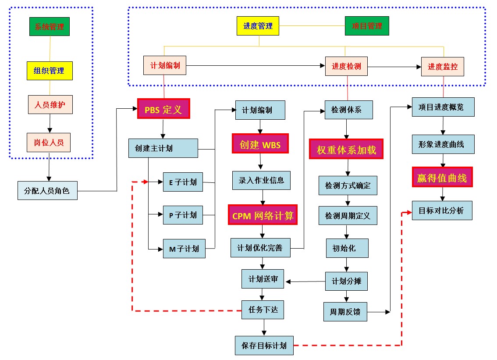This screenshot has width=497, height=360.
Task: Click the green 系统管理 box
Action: coord(50,26)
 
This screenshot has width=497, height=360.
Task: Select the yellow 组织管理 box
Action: coord(50,71)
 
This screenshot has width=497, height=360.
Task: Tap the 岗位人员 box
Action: coord(50,142)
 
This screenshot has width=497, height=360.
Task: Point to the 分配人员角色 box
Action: coord(48,191)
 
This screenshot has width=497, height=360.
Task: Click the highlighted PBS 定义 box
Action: coord(163,109)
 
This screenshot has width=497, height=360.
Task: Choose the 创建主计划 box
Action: coord(163,148)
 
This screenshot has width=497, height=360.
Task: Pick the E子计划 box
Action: coord(183,182)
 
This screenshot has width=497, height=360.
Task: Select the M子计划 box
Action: coord(184,249)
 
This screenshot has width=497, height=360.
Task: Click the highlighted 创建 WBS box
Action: coord(260,143)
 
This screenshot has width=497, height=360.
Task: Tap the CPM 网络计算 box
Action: coord(263,215)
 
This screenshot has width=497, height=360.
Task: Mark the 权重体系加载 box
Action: coord(346,149)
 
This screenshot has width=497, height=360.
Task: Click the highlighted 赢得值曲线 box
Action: coord(442,177)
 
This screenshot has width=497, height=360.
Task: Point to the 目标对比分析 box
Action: coord(442,210)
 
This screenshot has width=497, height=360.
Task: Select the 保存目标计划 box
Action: coord(264,345)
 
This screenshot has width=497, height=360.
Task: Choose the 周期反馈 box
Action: coord(345,312)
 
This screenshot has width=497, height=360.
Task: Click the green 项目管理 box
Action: coord(367,26)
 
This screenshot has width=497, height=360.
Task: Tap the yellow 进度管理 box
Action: coord(259,26)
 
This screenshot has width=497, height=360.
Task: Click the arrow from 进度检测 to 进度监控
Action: coord(394,67)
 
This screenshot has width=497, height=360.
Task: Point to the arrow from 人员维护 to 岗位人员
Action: coord(50,123)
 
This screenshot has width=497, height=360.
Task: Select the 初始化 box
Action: coord(347,248)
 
